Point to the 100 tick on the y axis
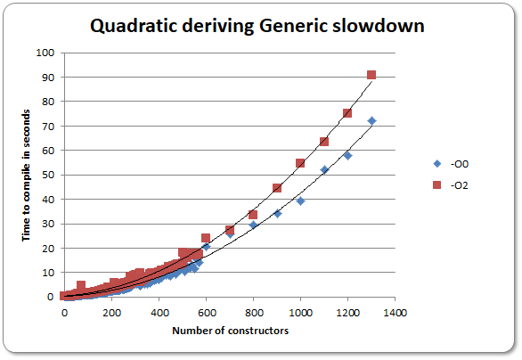pos(46,53)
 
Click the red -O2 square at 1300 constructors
pos(371,75)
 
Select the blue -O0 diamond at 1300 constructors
pos(371,120)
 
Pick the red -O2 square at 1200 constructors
pos(347,113)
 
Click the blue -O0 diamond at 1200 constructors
pos(347,155)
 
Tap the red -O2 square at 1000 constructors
pos(300,163)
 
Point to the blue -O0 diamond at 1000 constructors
pos(300,200)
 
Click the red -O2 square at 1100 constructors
pos(324,142)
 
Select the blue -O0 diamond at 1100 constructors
pos(324,169)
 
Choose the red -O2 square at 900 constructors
pos(277,188)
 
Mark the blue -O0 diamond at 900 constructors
pos(277,213)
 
